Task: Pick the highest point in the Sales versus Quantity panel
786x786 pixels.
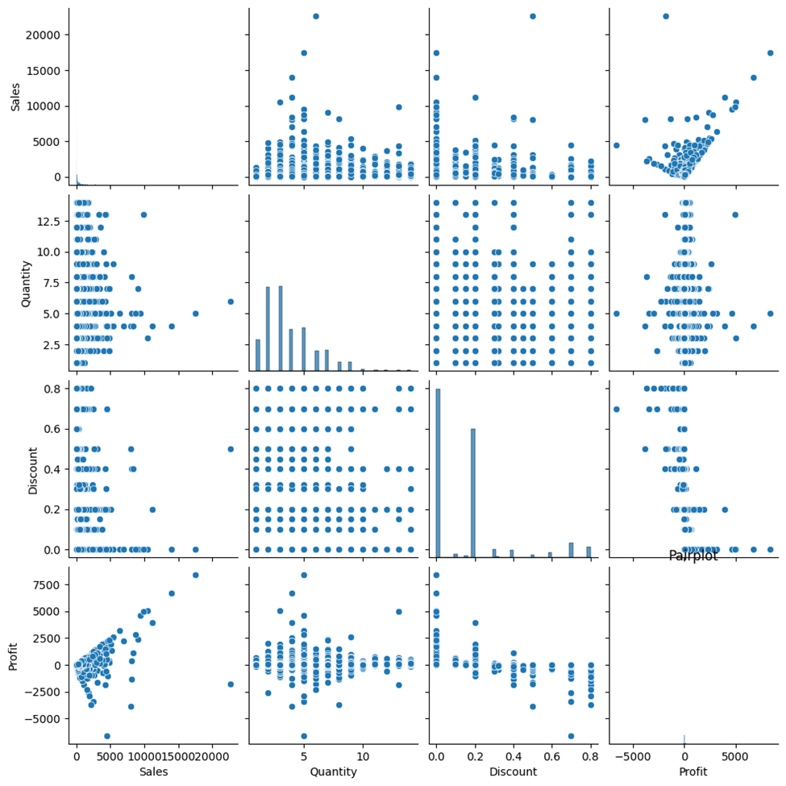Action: pos(315,16)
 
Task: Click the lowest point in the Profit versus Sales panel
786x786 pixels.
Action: pos(106,736)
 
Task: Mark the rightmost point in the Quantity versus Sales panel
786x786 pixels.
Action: pos(231,302)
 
